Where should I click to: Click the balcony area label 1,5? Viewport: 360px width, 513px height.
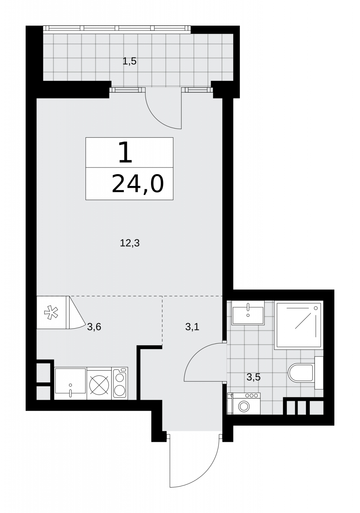coord(130,61)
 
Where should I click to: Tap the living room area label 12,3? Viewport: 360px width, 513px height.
coord(130,243)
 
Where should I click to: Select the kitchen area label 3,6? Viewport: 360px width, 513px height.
coord(94,327)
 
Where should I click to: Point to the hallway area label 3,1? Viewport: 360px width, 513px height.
coord(192,327)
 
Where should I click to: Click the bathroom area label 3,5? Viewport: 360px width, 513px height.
coord(254,377)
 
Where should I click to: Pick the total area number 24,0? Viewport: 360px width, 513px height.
coord(138,184)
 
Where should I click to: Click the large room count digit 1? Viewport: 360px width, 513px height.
coord(125,152)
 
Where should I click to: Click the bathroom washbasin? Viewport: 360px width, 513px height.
coord(248,313)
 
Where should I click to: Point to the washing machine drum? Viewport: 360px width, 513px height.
coord(244,407)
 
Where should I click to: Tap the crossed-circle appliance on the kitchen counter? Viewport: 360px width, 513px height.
coord(99,384)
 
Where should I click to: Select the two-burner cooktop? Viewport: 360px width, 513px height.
coord(120,383)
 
